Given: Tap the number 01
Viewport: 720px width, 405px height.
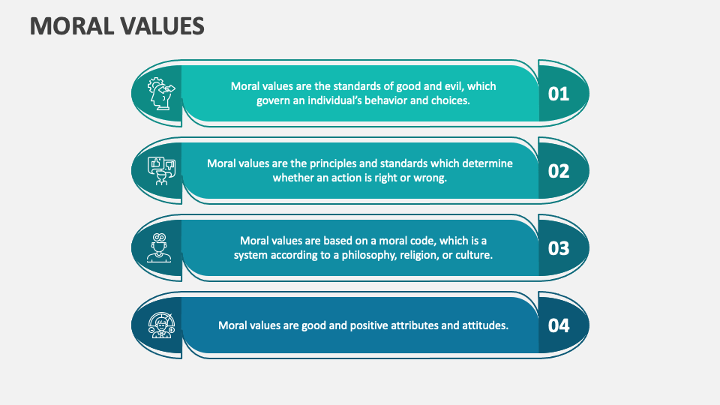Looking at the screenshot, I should (x=559, y=94).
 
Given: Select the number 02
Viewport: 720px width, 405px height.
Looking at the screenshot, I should (x=559, y=171).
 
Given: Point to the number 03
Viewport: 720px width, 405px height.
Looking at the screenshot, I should (x=559, y=248).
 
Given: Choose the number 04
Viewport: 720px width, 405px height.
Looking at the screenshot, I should (x=559, y=325).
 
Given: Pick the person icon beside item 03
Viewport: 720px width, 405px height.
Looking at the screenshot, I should (x=158, y=248).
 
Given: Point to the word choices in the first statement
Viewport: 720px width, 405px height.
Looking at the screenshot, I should (x=450, y=100).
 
